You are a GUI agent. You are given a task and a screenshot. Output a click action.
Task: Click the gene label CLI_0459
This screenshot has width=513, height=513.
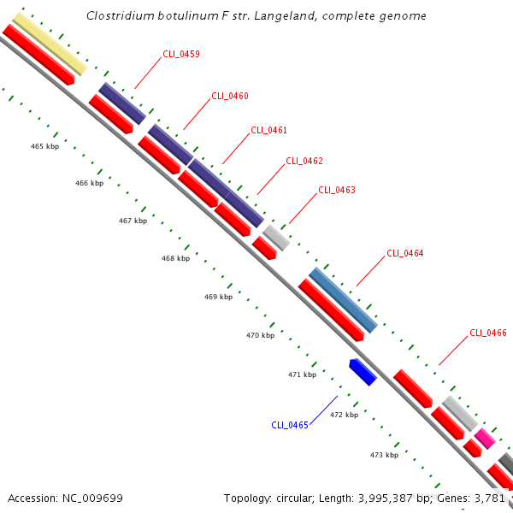pos(181,54)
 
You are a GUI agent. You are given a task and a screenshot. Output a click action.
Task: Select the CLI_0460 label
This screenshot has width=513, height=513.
pos(229,96)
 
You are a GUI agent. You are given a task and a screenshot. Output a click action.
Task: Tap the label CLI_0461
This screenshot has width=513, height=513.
pos(268,130)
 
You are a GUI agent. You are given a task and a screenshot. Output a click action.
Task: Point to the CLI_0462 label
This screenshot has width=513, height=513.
pos(304,161)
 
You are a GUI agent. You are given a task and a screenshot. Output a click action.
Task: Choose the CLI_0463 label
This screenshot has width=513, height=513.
pos(337,190)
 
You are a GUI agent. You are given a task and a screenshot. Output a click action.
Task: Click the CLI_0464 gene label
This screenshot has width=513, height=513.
pos(404,253)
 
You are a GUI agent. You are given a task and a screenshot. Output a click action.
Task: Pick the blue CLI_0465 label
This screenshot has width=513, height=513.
pos(290,425)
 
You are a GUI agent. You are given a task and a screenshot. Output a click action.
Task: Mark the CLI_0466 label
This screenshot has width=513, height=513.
pos(488,333)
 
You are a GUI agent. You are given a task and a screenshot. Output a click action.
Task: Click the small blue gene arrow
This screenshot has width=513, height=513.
pos(363,372)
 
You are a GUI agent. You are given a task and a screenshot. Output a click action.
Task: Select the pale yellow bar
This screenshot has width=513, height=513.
pos(50,43)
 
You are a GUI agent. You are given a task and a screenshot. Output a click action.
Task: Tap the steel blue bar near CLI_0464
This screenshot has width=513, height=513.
pos(343,300)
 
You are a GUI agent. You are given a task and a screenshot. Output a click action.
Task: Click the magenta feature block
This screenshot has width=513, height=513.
pos(485,438)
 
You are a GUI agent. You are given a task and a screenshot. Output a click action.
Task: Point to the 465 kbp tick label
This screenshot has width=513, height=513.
pos(44,146)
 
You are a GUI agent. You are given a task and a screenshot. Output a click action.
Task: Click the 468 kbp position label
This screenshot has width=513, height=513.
pos(175,258)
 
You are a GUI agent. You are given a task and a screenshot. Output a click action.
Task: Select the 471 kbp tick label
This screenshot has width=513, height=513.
pos(302,374)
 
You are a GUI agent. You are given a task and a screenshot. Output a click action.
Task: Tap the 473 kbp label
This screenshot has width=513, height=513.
pos(384,455)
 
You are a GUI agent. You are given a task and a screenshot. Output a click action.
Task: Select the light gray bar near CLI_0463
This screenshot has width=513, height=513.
pos(276,237)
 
